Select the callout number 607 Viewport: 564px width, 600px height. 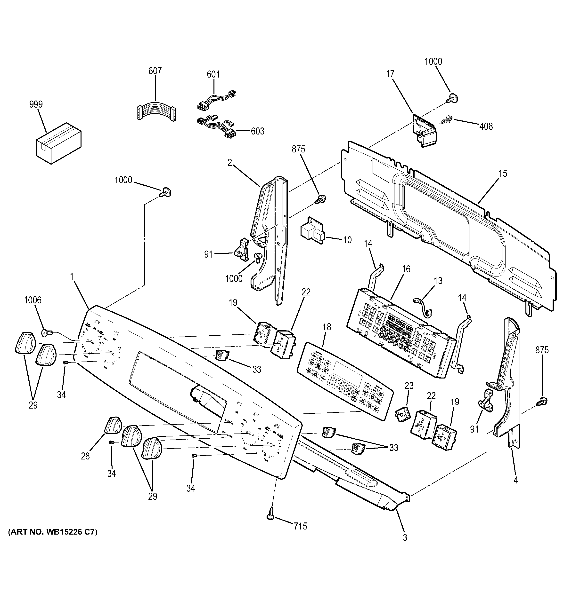155,71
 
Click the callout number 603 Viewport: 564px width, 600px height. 257,131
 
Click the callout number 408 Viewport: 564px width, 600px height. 486,126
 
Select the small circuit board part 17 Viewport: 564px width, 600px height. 425,131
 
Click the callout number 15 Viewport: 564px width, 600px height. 503,174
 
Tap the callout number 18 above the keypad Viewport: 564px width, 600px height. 327,327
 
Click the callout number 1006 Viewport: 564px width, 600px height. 33,300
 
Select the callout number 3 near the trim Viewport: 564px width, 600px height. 405,537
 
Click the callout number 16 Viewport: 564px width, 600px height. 406,269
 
